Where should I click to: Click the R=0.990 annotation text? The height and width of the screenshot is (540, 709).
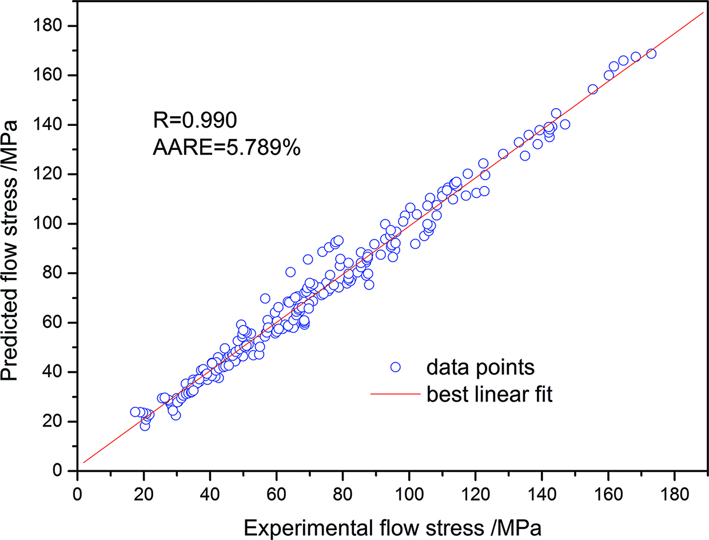[194, 121]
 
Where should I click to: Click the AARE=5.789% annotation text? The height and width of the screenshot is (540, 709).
[226, 148]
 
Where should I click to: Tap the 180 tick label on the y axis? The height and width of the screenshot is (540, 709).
[53, 26]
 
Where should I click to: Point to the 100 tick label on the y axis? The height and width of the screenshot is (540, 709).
[53, 224]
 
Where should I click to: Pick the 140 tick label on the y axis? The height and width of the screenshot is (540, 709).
[53, 125]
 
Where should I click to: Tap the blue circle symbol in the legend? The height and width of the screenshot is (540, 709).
[395, 367]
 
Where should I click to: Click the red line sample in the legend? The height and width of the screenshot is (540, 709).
[395, 395]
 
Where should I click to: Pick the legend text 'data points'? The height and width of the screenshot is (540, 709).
[481, 367]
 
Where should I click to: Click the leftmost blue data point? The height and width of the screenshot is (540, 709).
[135, 412]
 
